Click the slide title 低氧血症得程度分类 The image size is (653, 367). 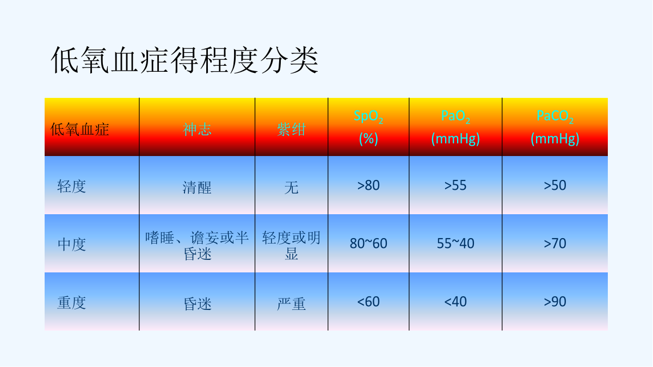pos(184,60)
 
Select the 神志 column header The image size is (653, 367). pos(197,129)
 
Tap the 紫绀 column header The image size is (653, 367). pos(291,129)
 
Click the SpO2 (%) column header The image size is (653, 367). pos(368,128)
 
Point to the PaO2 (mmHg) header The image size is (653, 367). pos(455,128)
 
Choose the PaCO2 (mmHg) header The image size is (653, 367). pos(555,128)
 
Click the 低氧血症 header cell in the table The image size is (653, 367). pos(79,129)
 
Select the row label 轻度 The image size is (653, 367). pos(72,186)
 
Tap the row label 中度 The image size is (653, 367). pos(72,244)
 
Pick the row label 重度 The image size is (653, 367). pos(72,303)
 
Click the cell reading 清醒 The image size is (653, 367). pos(197,187)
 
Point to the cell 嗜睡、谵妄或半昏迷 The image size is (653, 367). pos(197,246)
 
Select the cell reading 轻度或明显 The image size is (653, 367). pos(291,246)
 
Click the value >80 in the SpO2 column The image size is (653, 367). pos(368,185)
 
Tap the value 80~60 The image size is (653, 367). pos(368,243)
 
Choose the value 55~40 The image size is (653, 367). pos(455,243)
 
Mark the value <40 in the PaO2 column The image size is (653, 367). pos(455,301)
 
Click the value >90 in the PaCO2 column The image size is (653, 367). pos(555,301)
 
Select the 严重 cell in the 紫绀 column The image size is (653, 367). pos(291,304)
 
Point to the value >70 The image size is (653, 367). pos(555,243)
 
